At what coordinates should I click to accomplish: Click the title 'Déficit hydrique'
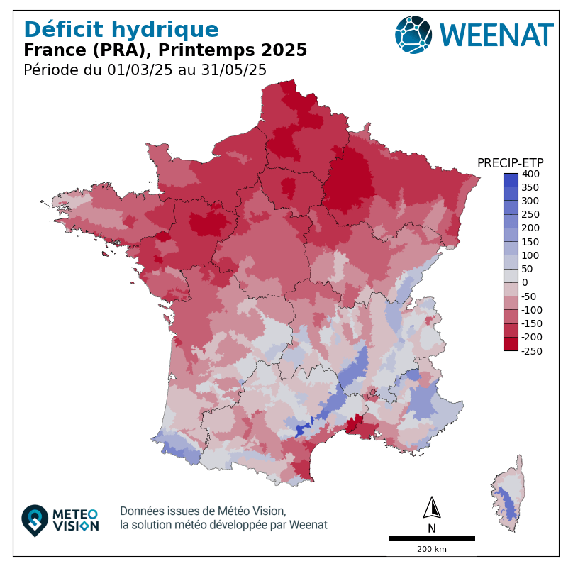(x=121, y=30)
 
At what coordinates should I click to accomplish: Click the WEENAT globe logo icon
(x=413, y=34)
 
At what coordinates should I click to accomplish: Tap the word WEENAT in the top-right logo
(x=496, y=35)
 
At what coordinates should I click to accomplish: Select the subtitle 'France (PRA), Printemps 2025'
(x=165, y=50)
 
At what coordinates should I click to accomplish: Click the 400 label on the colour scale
(x=530, y=174)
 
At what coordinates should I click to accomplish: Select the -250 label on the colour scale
(x=532, y=350)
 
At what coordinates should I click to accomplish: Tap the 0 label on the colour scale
(x=525, y=282)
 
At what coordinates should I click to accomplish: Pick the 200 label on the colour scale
(x=530, y=228)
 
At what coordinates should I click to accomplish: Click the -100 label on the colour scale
(x=532, y=310)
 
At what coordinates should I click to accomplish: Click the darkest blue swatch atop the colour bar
(x=511, y=180)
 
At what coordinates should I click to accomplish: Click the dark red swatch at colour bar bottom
(x=511, y=343)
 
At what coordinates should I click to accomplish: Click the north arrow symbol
(x=432, y=509)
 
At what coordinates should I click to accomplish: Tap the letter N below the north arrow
(x=432, y=528)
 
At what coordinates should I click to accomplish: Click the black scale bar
(x=431, y=538)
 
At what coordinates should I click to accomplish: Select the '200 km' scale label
(x=431, y=550)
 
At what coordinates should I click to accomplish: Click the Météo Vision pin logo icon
(x=35, y=520)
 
